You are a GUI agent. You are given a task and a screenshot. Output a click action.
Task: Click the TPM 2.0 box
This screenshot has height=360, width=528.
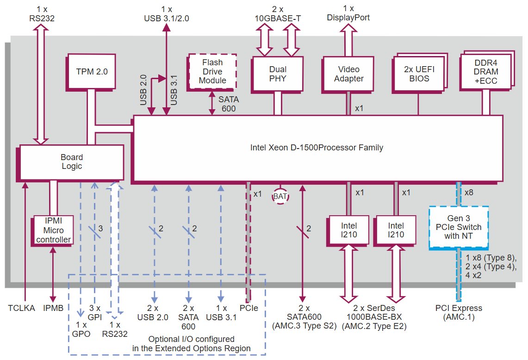92,72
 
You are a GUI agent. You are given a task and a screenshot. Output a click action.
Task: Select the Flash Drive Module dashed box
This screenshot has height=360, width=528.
212,71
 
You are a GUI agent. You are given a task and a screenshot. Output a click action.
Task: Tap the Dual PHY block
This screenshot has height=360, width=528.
278,74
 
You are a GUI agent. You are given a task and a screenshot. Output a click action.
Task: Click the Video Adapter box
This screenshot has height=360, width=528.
348,74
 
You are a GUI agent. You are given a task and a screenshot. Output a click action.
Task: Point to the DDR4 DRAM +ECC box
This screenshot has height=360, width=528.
486,72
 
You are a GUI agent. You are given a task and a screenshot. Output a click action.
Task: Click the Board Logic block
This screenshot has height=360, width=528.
72,161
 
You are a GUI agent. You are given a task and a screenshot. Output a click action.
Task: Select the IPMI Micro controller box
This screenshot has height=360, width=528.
54,230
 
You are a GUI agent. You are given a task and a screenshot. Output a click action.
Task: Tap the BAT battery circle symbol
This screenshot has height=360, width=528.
280,197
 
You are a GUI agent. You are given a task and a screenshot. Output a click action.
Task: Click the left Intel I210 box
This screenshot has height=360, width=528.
349,230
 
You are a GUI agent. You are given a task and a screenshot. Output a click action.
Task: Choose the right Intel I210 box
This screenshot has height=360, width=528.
396,230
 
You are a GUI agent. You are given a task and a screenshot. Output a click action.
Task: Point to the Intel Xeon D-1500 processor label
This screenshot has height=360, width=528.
317,148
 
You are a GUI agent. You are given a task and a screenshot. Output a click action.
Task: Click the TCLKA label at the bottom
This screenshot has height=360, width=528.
21,308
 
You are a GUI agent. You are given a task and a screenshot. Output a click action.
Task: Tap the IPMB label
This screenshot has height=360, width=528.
53,308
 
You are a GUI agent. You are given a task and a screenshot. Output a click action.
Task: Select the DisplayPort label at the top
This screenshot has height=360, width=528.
348,18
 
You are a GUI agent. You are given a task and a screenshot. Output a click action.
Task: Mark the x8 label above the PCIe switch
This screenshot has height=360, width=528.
469,192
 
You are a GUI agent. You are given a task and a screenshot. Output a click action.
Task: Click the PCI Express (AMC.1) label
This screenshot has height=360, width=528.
459,312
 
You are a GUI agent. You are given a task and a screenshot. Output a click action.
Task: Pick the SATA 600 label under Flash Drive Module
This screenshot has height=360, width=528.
229,104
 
